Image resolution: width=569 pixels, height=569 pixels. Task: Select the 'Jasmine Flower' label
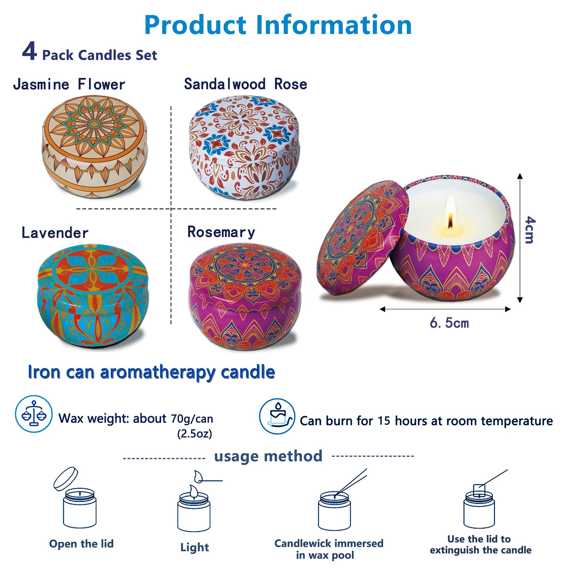click(69, 84)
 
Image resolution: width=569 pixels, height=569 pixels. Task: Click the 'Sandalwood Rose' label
click(246, 84)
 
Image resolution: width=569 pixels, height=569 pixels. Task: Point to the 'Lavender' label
click(55, 233)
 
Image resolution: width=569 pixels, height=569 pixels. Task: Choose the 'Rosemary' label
click(221, 232)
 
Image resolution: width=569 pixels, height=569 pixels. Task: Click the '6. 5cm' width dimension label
click(449, 323)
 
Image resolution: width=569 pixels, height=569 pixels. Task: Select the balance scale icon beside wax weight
click(34, 414)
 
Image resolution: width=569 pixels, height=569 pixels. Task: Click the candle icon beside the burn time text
click(277, 416)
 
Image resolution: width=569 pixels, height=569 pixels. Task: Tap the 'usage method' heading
click(268, 456)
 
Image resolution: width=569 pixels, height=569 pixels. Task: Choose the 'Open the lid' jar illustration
click(77, 498)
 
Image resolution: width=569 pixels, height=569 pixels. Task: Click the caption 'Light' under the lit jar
click(195, 547)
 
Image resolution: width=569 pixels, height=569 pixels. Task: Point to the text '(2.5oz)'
click(195, 434)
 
